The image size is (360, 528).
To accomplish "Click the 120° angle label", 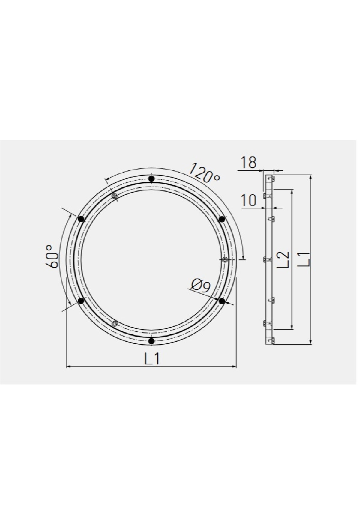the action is (205, 172).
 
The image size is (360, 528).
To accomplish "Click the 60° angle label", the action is (52, 256).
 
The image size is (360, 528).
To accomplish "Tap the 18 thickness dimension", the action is (249, 163).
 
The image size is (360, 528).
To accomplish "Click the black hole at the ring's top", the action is (151, 179).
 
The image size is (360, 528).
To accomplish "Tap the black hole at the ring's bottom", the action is (151, 341).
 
